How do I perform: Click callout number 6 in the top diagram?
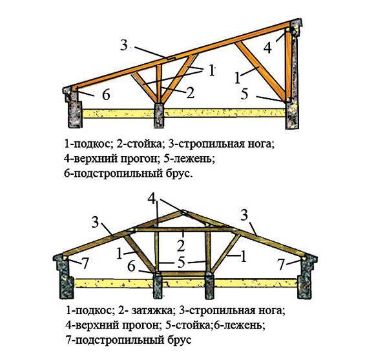(x=106, y=95)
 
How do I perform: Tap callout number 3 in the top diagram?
(x=124, y=45)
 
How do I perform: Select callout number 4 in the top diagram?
(x=267, y=48)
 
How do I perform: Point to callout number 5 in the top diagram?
(x=244, y=94)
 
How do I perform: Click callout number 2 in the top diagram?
(x=190, y=92)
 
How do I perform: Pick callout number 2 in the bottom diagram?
(x=181, y=246)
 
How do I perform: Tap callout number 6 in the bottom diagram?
(x=131, y=266)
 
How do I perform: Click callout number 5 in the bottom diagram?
(x=181, y=263)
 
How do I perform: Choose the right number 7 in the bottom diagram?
(x=281, y=265)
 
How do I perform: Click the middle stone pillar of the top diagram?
(x=159, y=115)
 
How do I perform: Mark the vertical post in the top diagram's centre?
(x=159, y=84)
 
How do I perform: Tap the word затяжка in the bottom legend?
(x=152, y=310)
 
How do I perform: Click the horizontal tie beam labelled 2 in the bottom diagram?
(x=184, y=230)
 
